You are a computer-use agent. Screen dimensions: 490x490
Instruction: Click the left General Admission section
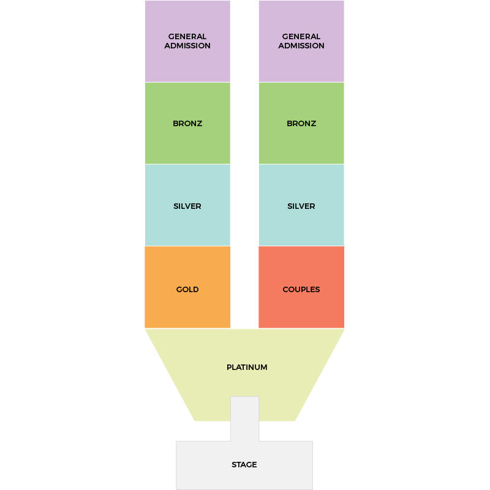pos(187,41)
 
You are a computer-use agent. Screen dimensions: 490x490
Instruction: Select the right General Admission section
pos(301,41)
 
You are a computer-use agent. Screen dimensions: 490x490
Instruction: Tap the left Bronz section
pos(187,123)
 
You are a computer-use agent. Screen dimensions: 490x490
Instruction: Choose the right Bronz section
pos(301,123)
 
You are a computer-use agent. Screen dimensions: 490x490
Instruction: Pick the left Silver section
pos(187,205)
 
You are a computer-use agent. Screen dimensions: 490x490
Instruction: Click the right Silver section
pos(301,205)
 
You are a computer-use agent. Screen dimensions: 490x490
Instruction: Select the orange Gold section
pos(187,287)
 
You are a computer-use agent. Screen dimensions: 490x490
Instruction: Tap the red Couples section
pos(301,287)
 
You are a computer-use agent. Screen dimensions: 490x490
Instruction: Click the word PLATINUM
pos(247,367)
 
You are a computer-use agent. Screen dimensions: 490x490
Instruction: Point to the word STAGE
pos(244,465)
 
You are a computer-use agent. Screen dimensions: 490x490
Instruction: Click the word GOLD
pos(187,289)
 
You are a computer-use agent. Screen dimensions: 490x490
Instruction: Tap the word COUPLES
pos(301,289)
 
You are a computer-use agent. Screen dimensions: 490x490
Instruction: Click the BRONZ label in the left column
pos(187,124)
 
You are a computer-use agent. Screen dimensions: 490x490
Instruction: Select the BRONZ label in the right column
pos(301,124)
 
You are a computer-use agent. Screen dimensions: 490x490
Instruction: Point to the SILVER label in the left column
pos(187,206)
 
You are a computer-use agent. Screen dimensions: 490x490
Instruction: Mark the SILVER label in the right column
pos(301,206)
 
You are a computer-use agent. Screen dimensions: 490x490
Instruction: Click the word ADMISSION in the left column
pos(187,45)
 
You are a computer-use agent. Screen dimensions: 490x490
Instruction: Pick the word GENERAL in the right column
pos(301,37)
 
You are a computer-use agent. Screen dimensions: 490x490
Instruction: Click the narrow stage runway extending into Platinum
pos(244,419)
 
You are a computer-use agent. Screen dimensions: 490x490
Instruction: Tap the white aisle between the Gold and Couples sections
pos(244,287)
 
